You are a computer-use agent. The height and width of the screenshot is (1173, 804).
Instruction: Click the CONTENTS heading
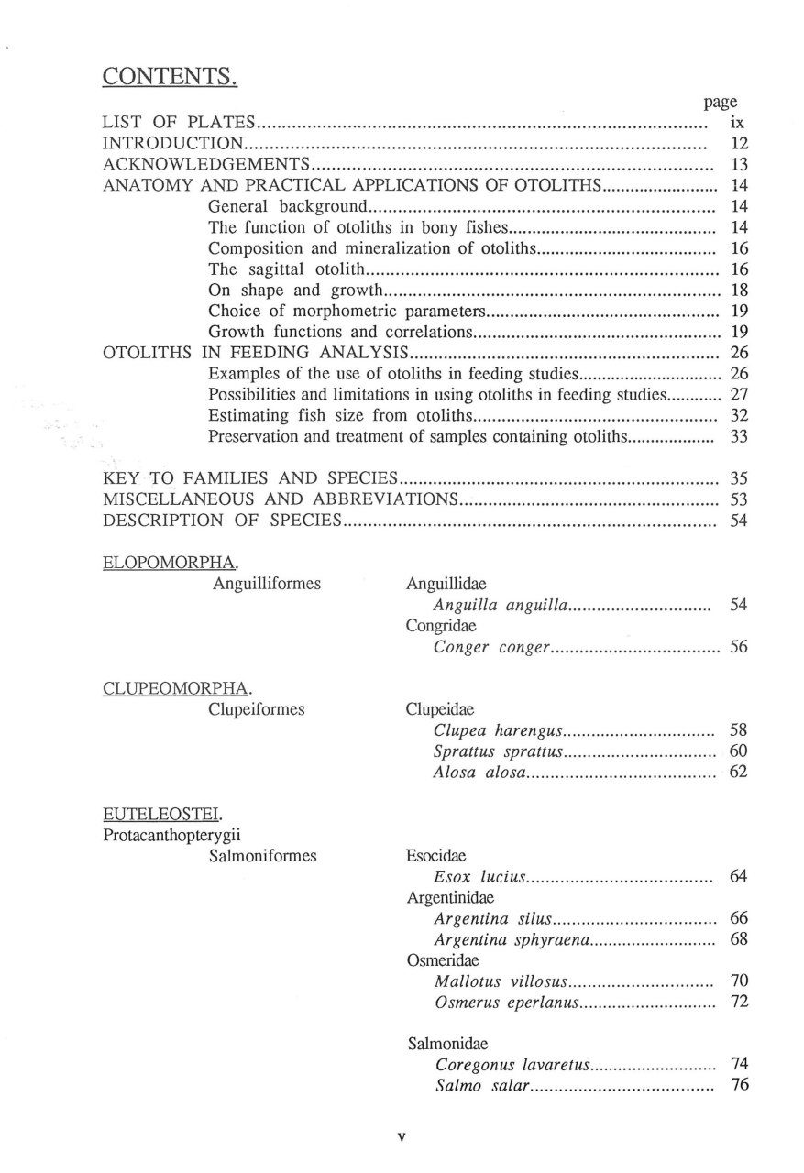[x=170, y=76]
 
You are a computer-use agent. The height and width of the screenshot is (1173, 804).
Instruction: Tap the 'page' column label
[x=721, y=103]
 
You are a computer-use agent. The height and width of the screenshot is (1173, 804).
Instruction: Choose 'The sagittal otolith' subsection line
[x=287, y=269]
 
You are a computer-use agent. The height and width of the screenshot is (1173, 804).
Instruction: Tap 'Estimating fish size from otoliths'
[x=339, y=416]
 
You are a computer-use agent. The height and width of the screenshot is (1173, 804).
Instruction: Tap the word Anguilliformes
[x=266, y=583]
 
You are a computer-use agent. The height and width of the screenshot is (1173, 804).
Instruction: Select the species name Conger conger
[x=491, y=647]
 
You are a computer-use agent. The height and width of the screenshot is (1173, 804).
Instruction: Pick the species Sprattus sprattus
[x=496, y=751]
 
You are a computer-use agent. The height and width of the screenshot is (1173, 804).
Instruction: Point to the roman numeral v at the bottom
[x=402, y=1137]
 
